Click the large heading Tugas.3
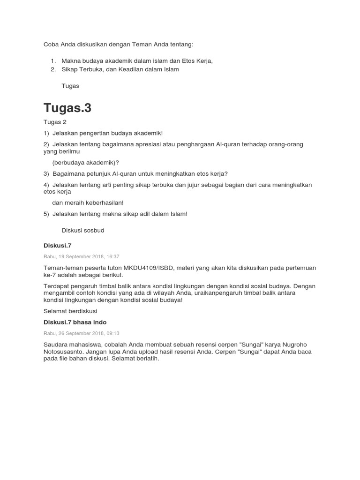pyautogui.click(x=67, y=108)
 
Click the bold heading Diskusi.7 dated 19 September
pyautogui.click(x=57, y=245)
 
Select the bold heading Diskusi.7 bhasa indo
pyautogui.click(x=75, y=322)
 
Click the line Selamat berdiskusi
pyautogui.click(x=71, y=311)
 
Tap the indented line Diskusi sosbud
pyautogui.click(x=83, y=230)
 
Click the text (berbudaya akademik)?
pyautogui.click(x=86, y=162)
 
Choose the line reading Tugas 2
pyautogui.click(x=55, y=122)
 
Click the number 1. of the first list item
pyautogui.click(x=53, y=61)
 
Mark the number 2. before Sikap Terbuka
pyautogui.click(x=53, y=69)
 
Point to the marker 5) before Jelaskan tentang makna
pyautogui.click(x=46, y=214)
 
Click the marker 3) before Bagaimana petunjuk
pyautogui.click(x=46, y=173)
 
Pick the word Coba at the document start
pyautogui.click(x=51, y=44)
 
